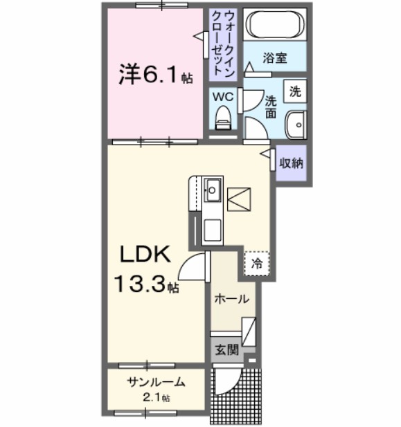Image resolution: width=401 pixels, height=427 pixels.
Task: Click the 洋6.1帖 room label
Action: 148,73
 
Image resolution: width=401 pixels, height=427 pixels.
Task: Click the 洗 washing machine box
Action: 295,90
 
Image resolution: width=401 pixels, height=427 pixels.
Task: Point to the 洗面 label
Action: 271,107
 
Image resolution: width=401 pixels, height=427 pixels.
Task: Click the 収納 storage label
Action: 290,164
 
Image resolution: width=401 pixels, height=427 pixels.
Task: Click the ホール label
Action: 228,300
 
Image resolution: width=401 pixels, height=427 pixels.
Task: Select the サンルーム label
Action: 157,381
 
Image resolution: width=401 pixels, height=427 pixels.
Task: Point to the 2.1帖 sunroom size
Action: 157,397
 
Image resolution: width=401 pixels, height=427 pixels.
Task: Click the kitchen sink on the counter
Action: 212,187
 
